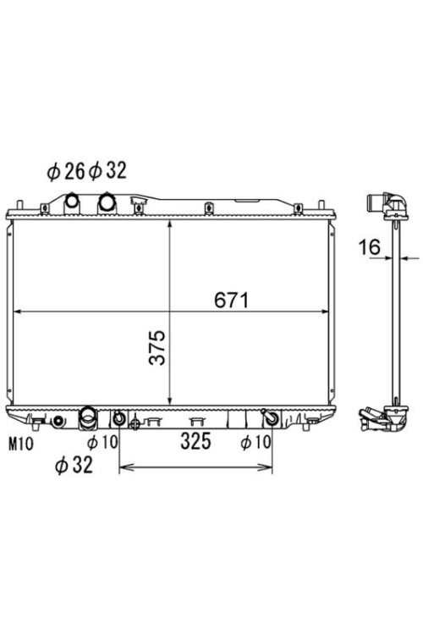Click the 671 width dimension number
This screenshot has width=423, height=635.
click(x=232, y=300)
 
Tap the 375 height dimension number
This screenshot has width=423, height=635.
click(x=157, y=347)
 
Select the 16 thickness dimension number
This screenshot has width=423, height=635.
click(x=370, y=247)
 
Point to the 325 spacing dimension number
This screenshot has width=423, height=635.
click(x=196, y=441)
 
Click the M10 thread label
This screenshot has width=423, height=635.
click(x=21, y=444)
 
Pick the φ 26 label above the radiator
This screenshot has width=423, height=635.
click(x=66, y=172)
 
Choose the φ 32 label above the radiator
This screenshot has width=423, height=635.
click(x=107, y=170)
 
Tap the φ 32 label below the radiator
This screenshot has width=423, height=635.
click(x=74, y=466)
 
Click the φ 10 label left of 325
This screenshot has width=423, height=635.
click(x=102, y=442)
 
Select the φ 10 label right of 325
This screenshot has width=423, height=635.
click(x=255, y=442)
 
